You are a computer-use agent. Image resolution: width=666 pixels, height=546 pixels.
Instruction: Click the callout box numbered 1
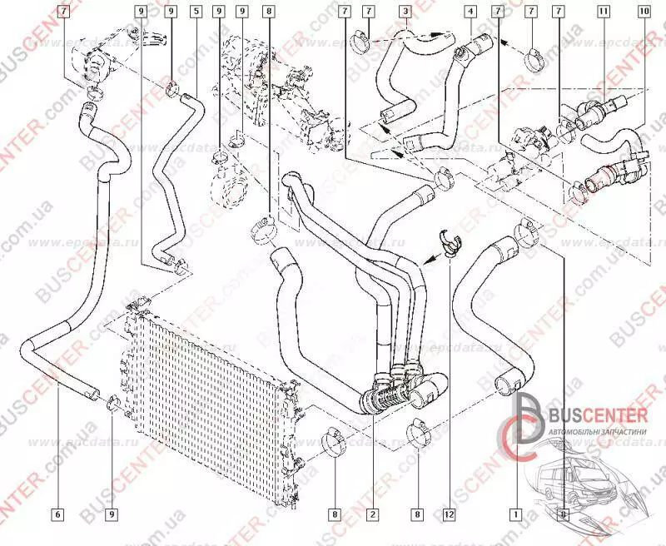[x=517, y=514]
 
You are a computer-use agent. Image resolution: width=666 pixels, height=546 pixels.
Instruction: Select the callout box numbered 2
[x=373, y=514]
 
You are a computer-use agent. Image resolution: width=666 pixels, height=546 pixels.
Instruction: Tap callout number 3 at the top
[x=405, y=12]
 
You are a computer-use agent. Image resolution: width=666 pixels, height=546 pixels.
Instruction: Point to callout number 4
[x=470, y=12]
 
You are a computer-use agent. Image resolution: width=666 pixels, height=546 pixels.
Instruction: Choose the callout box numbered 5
[x=195, y=12]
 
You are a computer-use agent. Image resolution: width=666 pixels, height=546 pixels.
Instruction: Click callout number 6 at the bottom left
[x=57, y=514]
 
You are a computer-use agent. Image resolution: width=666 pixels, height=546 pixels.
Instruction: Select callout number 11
[x=603, y=12]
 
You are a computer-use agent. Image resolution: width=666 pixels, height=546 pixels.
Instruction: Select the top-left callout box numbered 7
[x=65, y=12]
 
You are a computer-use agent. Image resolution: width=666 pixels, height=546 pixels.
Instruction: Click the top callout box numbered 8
[x=268, y=12]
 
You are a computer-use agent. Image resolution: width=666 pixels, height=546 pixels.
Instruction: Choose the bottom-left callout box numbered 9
[x=112, y=514]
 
